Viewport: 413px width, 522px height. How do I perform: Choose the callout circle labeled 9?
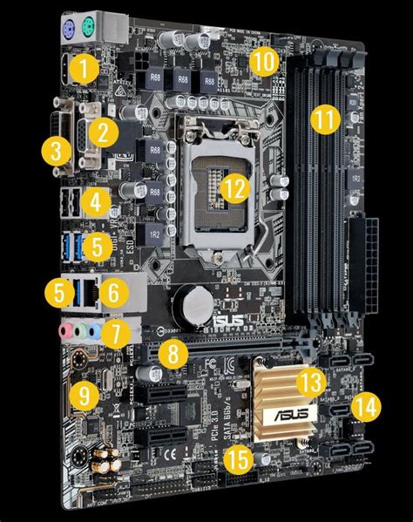point(82,396)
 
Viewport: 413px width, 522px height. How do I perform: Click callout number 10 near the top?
point(263,62)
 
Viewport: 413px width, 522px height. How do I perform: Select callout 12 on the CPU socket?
point(232,187)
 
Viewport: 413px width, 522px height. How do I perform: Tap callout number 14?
point(366,405)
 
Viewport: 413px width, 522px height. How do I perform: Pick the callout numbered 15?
point(235,459)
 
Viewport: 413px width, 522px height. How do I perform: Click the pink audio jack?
point(66,331)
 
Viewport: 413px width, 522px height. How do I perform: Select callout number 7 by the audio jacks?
point(112,332)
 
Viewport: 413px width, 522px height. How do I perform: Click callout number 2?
point(104,132)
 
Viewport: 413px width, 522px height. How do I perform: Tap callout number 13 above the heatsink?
point(309,381)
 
